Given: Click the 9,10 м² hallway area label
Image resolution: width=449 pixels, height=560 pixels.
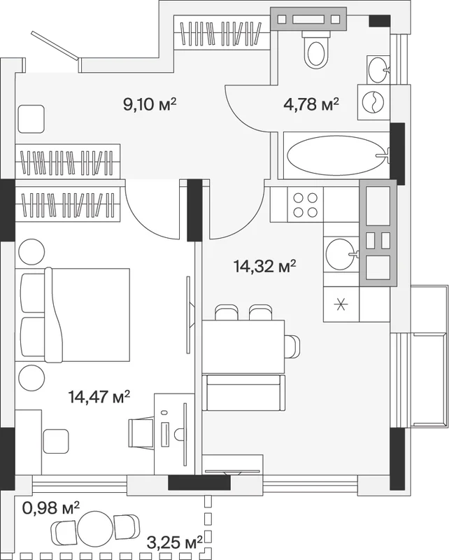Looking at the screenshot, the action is tap(150, 104).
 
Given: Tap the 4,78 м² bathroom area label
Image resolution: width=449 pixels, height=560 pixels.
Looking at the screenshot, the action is tap(311, 104).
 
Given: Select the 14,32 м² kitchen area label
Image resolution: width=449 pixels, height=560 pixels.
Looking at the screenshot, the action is tap(265, 266).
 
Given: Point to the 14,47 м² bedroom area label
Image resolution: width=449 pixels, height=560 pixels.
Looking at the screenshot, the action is tap(99, 397).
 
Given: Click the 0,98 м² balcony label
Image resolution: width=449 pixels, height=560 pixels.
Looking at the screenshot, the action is tap(50, 507).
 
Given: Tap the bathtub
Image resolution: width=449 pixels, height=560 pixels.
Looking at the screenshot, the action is tap(337, 155).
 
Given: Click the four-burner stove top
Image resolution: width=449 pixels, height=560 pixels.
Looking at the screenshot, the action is tap(305, 204).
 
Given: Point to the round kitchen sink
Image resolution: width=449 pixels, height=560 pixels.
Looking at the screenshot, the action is tap(341, 254).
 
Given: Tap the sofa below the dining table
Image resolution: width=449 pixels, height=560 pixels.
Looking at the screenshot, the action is tap(244, 393).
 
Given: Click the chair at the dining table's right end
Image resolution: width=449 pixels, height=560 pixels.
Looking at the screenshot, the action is tap(293, 346).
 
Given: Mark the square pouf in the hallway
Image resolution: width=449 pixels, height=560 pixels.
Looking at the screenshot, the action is tap(30, 119).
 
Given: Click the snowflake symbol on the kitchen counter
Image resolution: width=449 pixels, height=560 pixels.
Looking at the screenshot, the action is tap(341, 304).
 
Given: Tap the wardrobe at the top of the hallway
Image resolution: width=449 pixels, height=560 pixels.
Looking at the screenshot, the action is tap(221, 33).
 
